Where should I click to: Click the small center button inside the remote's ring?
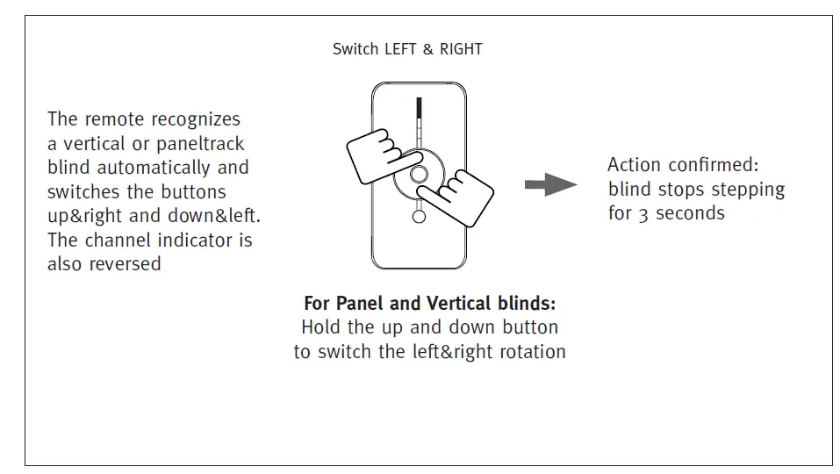419,173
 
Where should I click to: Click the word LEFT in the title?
402,49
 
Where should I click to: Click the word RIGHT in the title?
460,49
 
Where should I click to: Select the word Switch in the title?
355,49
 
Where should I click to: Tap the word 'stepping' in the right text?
745,190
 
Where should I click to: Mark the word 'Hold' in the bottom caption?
321,327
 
